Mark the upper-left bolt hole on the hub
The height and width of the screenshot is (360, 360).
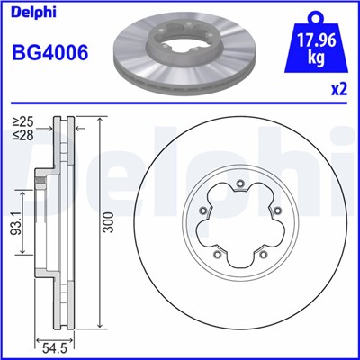[x=204, y=211]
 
